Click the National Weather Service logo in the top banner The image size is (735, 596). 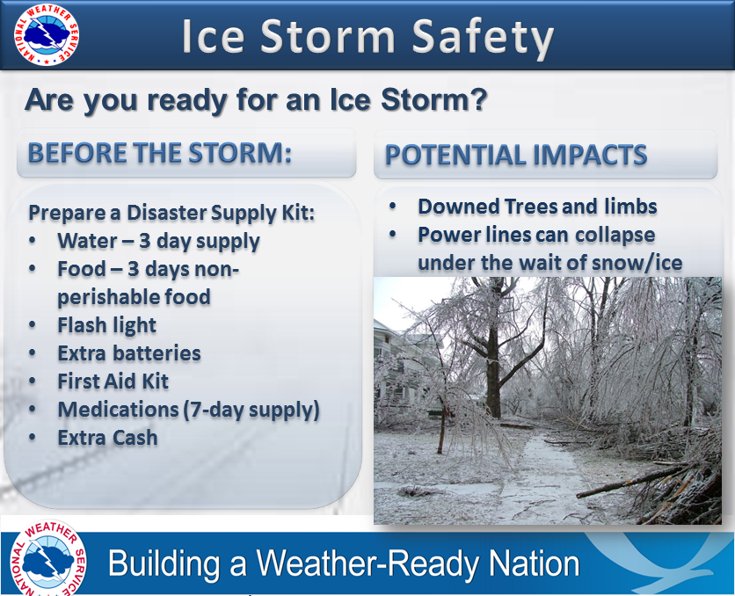point(47,34)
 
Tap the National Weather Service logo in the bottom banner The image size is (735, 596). point(48,558)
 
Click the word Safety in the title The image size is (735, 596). point(483,37)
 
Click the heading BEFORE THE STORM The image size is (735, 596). point(159,153)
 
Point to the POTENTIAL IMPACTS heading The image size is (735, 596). point(515,155)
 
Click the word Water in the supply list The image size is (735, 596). point(87,241)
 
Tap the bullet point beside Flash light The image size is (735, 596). point(32,325)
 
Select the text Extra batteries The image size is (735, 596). point(129,353)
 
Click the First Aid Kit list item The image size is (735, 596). point(113,382)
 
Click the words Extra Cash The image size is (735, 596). point(107,438)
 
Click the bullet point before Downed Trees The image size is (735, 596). point(392,207)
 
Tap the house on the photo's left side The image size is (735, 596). point(404,370)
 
